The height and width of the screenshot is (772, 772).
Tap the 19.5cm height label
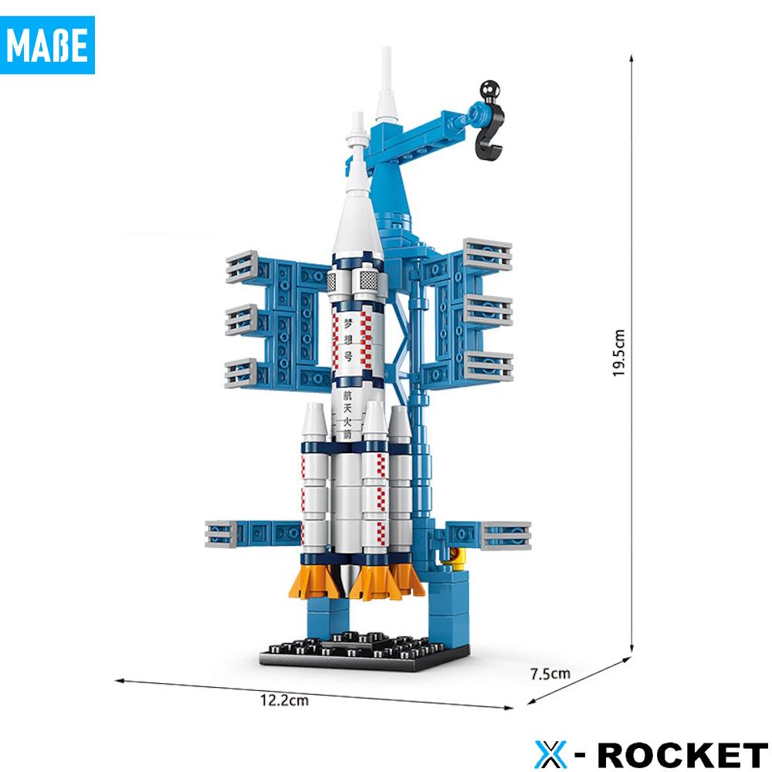coord(619,353)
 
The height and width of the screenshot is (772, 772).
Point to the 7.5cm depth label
coord(550,673)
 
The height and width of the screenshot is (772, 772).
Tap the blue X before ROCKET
coord(550,753)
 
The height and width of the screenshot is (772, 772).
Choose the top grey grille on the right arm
coord(488,255)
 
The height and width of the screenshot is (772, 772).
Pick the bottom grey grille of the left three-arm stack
coord(242,372)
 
